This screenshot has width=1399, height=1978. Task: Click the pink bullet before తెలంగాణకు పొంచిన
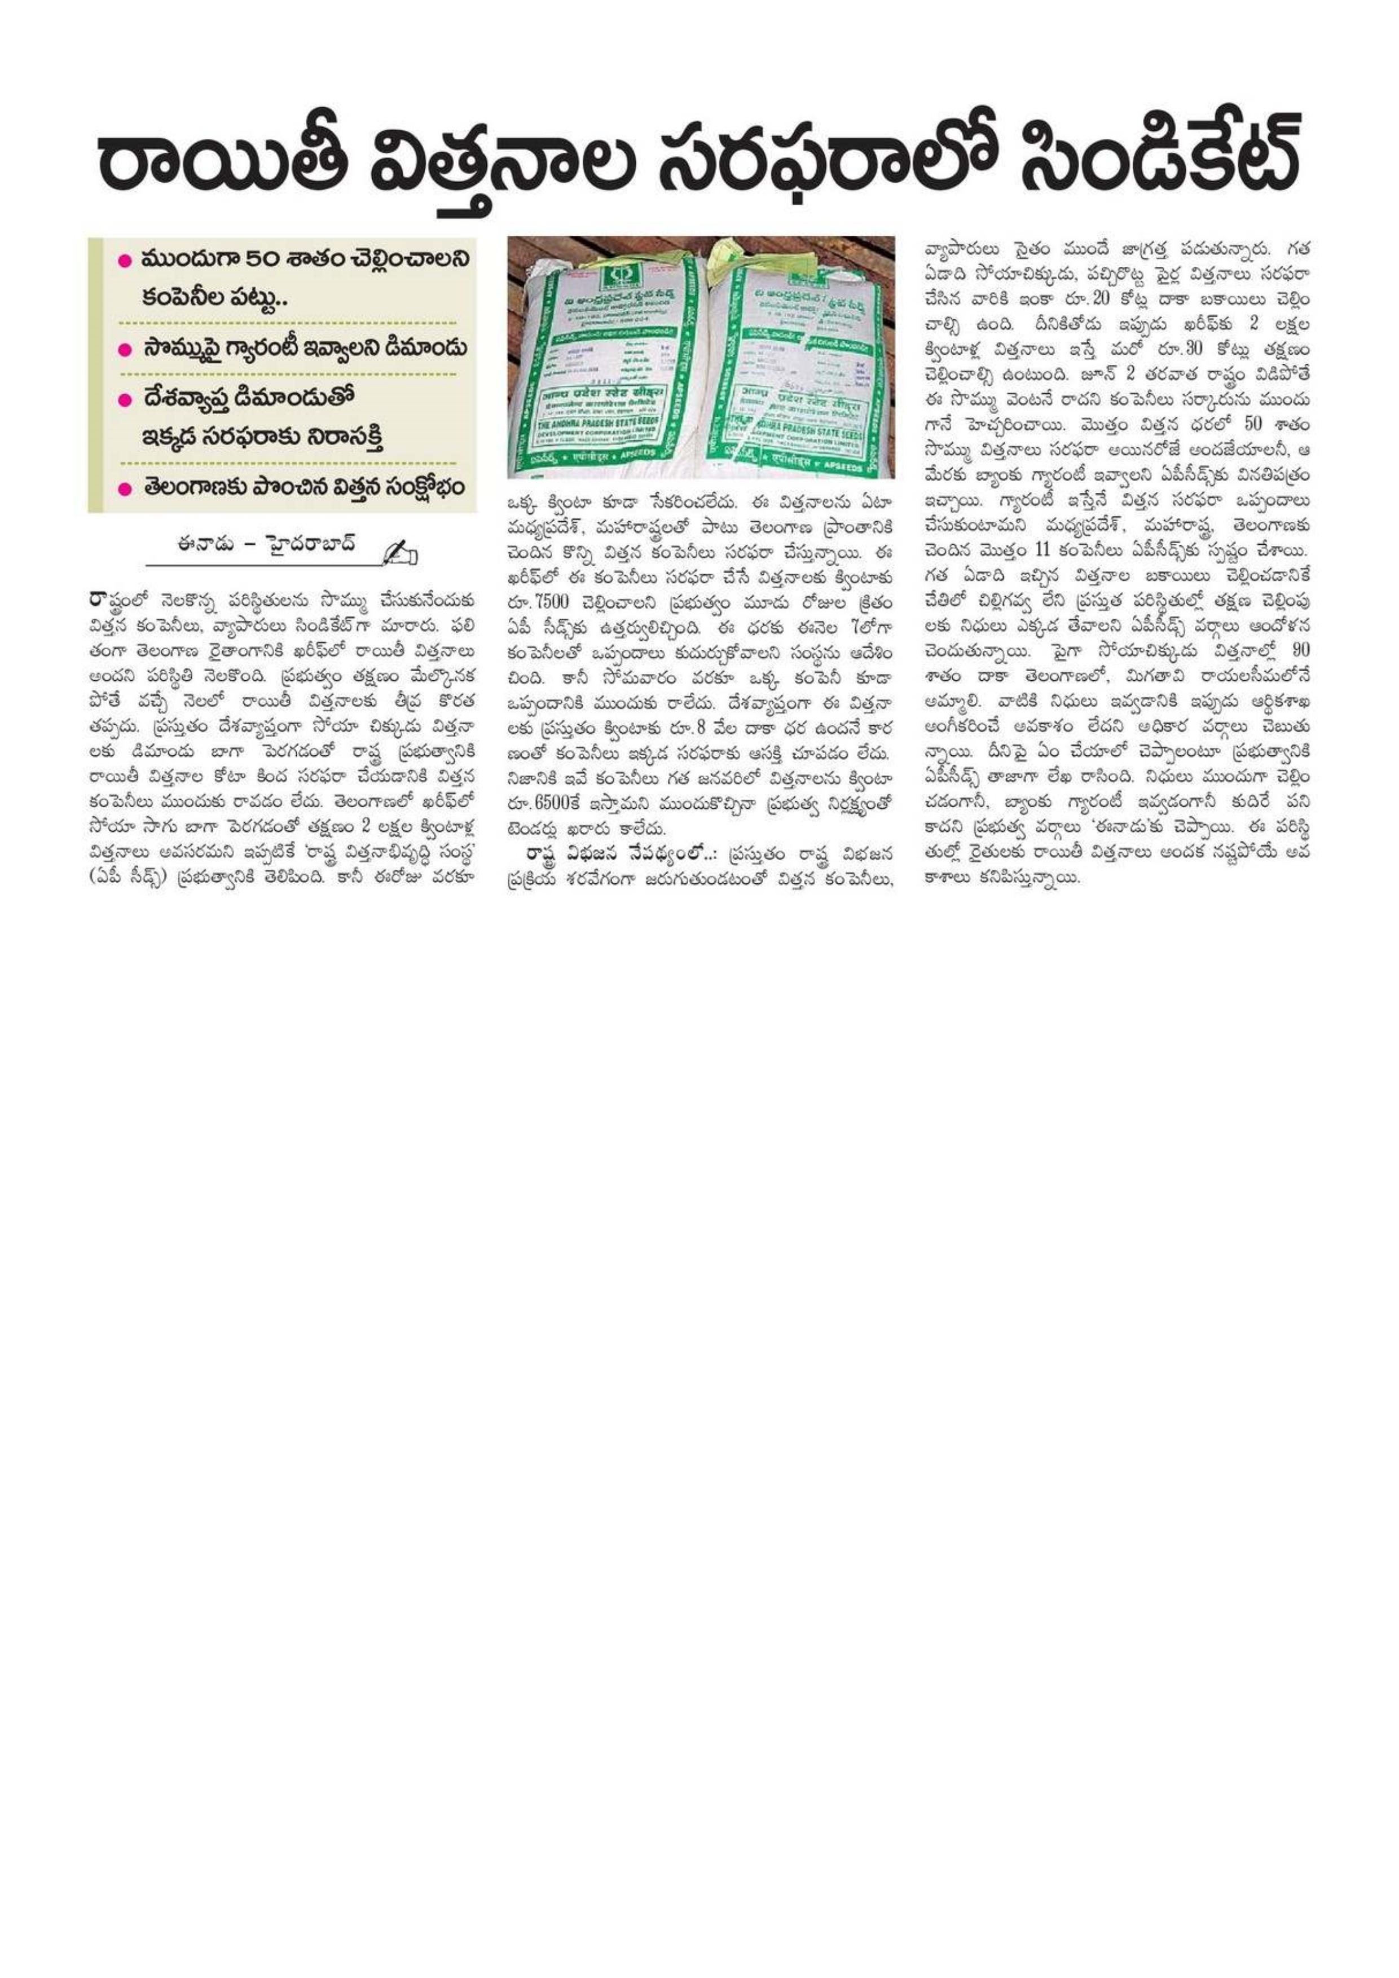124,488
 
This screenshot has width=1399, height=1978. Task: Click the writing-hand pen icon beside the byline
401,552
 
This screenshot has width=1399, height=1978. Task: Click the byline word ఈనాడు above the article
203,546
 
